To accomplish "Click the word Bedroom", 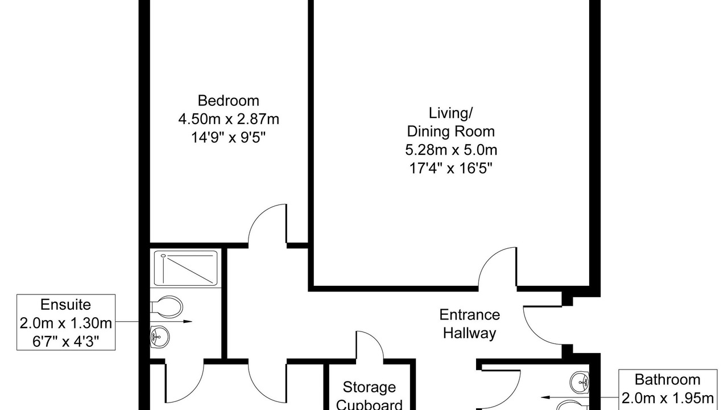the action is click(x=229, y=101).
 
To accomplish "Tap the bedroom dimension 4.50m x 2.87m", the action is click(x=229, y=119).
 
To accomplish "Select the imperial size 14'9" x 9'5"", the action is click(x=229, y=138).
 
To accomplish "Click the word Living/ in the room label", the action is click(x=451, y=113).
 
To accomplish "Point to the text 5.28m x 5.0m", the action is click(x=451, y=150).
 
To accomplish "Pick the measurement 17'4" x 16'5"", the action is click(x=451, y=169).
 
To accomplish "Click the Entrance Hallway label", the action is click(x=470, y=324).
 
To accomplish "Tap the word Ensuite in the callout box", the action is click(x=65, y=305).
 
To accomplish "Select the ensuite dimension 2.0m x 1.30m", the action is click(x=65, y=323).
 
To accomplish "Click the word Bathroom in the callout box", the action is click(x=668, y=379).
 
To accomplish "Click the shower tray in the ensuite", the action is click(x=185, y=268).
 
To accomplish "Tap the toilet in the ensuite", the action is click(x=167, y=307).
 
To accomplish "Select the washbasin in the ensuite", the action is click(x=160, y=337).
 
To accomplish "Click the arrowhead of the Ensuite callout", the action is click(x=188, y=322).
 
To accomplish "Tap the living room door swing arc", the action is click(x=490, y=258).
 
